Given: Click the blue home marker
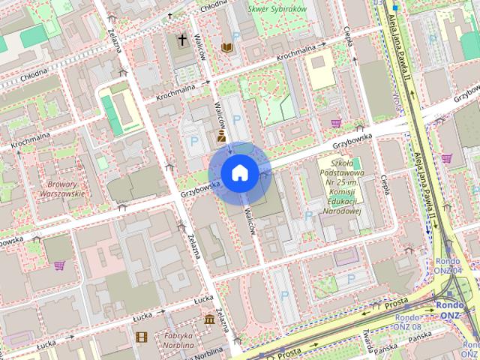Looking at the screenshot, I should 239,172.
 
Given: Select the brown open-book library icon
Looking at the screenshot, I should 226,48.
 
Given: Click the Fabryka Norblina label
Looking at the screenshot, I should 175,340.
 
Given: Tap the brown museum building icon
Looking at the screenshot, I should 208,320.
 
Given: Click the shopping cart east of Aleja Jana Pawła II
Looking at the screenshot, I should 447,159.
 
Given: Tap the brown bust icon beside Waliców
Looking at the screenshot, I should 222,136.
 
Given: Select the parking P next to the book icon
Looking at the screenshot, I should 236,37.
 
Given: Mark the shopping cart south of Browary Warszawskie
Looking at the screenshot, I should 58,265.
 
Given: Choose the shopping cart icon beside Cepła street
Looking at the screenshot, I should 335,123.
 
